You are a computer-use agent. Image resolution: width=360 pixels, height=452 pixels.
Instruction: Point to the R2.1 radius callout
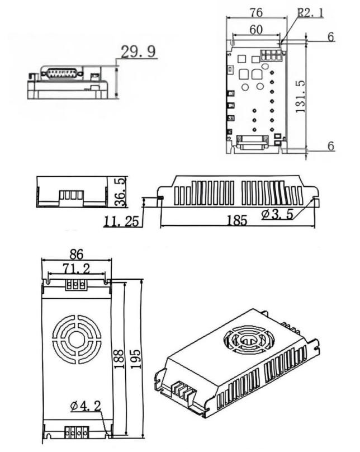pos(310,12)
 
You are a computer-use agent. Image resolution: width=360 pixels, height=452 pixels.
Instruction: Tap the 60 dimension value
pos(257,30)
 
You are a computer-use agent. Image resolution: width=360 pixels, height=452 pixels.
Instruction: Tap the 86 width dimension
pos(75,253)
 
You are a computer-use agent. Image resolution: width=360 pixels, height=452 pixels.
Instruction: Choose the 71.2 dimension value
pos(76,269)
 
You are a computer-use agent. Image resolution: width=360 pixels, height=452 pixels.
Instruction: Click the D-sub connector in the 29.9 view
pos(61,73)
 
